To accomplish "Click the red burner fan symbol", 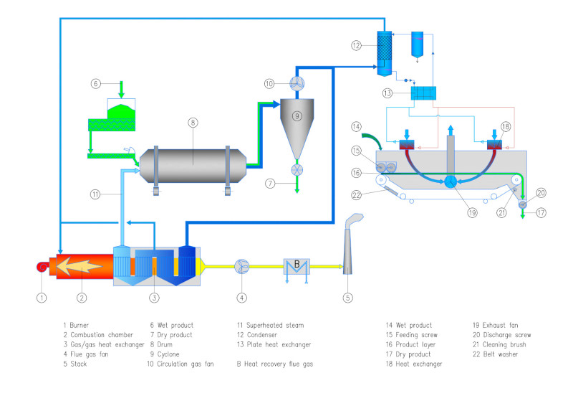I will coord(42,268).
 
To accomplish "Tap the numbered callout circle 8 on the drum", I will coord(193,123).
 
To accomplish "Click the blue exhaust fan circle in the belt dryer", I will coord(451,182).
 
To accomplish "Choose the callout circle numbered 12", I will coord(356,45).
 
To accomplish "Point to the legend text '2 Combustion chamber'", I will coord(97,334).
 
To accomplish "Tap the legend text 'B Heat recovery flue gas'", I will coord(275,364).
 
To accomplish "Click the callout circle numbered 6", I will coord(96,83).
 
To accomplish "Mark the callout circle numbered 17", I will coord(540,213).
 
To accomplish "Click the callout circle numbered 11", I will coord(94,194).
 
